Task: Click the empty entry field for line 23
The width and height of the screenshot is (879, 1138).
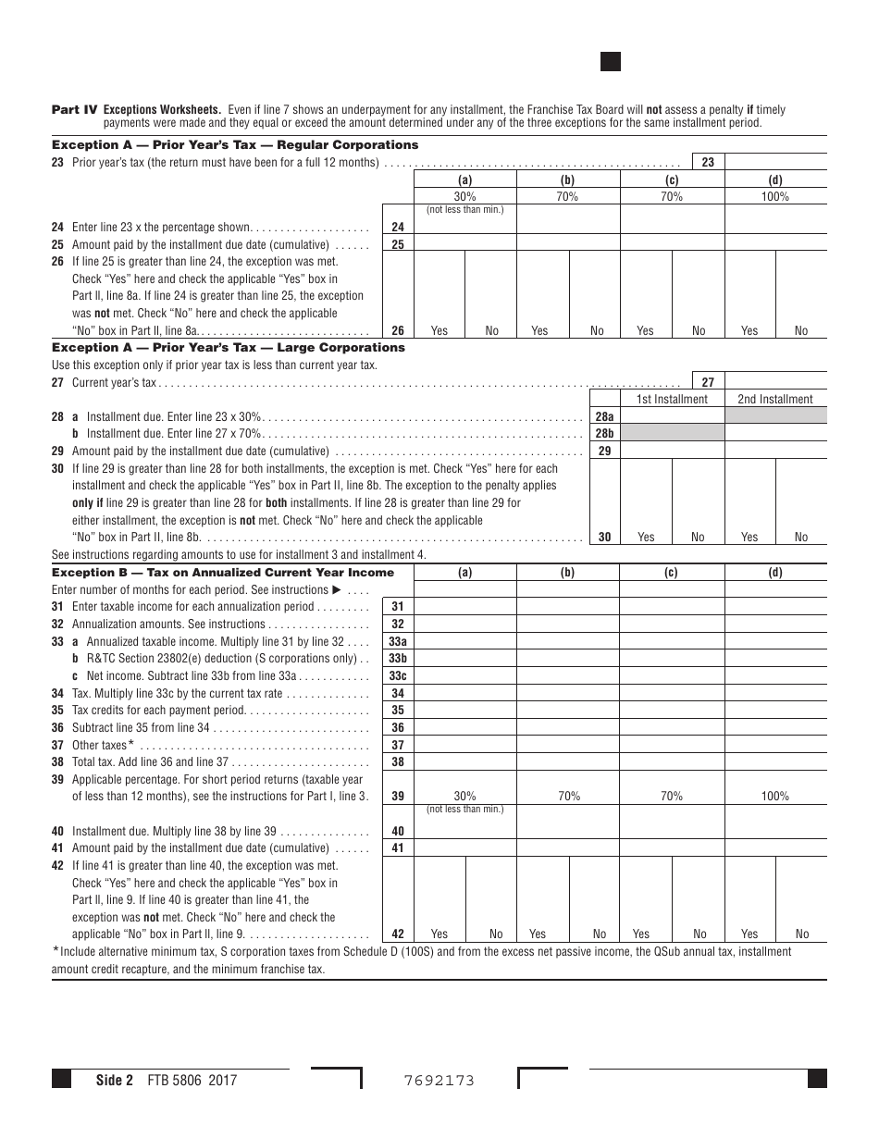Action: pos(775,162)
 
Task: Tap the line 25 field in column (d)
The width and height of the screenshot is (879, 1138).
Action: pos(775,244)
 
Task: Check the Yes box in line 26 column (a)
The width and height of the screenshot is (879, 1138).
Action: pos(439,330)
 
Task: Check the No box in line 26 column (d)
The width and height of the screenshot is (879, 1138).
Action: pos(801,330)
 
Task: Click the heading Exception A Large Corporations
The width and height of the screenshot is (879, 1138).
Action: pos(228,348)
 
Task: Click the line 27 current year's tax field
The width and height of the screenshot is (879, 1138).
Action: pos(775,382)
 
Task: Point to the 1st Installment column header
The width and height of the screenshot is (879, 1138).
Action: pos(672,399)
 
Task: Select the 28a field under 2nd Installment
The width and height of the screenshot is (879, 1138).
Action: pos(775,416)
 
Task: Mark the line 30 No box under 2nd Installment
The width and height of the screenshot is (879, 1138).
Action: pos(801,537)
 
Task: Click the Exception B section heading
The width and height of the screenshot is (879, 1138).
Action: pos(223,573)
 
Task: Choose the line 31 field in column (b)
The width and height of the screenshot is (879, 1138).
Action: pos(568,607)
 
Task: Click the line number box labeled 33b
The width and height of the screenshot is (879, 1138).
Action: pos(398,658)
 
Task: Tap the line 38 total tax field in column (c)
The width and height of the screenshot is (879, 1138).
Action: pos(672,762)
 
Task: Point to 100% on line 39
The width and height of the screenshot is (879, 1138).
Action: pos(775,796)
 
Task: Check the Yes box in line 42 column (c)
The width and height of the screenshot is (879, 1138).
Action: pos(641,934)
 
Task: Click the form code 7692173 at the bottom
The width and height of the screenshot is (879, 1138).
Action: pos(439,1080)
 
